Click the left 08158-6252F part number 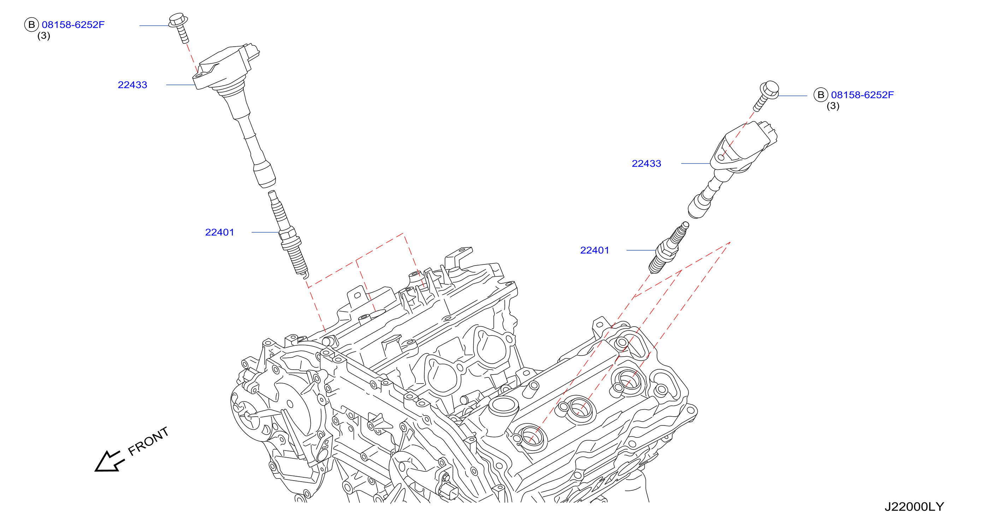tap(73, 25)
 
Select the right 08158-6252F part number tap(862, 95)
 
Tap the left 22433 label tap(132, 85)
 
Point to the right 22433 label tap(646, 163)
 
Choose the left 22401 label tap(220, 232)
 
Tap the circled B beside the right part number tap(821, 95)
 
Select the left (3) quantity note tap(44, 36)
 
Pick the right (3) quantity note tap(833, 106)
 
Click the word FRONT tap(148, 441)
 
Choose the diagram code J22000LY tap(914, 506)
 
